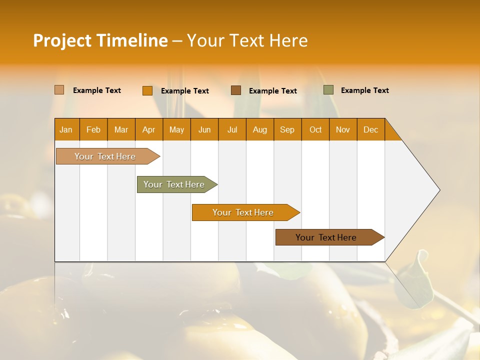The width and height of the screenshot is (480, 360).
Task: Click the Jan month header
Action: (66, 129)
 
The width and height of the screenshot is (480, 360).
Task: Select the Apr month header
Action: (149, 129)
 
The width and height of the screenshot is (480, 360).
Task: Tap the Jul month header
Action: (232, 129)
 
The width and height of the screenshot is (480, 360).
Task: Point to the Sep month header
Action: (287, 129)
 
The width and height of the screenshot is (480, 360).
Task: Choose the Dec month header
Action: (370, 129)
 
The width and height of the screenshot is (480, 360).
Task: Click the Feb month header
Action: (93, 129)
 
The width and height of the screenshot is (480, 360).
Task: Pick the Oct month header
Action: (315, 129)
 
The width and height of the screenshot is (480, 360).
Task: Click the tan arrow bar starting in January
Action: (105, 156)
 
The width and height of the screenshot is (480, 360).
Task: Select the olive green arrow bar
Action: (174, 184)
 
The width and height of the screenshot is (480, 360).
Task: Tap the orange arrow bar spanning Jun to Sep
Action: (243, 212)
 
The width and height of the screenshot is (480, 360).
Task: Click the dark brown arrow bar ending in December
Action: (326, 237)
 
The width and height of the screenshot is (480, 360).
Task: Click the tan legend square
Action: (59, 90)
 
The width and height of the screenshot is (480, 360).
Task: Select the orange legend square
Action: (147, 90)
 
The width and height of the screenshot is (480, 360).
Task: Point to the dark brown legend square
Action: (236, 90)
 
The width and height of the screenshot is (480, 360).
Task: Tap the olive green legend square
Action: (328, 90)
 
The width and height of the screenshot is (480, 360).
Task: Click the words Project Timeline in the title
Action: (100, 40)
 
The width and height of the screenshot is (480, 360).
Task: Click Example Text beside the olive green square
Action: (364, 90)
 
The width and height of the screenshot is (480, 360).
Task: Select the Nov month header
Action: (343, 129)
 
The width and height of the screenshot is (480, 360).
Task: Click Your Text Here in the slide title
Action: (247, 40)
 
